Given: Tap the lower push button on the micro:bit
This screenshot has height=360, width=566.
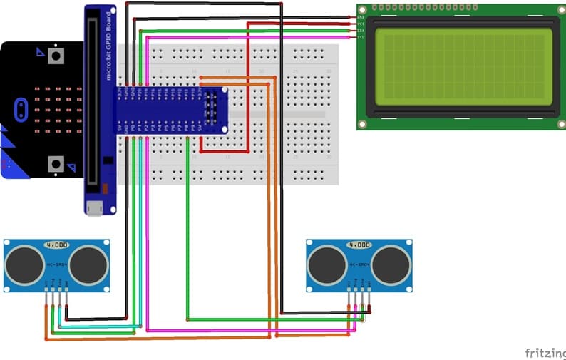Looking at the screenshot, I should coord(56,164).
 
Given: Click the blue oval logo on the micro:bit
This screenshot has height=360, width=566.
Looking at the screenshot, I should coord(21,109).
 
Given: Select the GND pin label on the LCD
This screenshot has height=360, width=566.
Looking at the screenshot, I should coord(361,16).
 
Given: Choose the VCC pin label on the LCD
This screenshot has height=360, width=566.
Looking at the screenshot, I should coord(361,24).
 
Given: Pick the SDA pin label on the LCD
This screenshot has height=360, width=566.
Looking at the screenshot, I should coord(361,30).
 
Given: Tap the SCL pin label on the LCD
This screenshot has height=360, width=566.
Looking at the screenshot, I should coord(361,36).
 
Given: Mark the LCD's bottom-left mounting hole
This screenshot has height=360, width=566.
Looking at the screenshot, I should coord(363,124).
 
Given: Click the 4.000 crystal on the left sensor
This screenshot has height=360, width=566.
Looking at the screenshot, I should coord(56,245).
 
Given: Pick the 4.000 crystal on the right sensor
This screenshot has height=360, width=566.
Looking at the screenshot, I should coord(359,245).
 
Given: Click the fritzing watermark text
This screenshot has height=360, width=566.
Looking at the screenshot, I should coord(545,352).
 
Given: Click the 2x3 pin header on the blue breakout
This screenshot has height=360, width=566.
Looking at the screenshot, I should coord(211,110).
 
